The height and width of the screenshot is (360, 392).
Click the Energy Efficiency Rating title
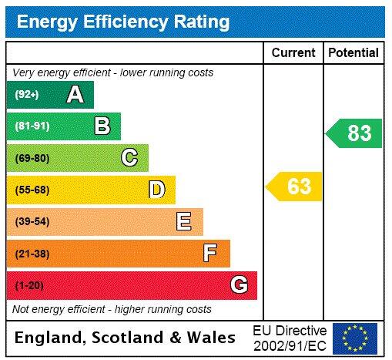click(x=122, y=22)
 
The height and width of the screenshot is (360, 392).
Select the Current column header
click(x=293, y=53)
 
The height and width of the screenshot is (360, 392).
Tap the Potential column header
click(x=353, y=53)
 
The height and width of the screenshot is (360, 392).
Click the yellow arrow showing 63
click(x=294, y=187)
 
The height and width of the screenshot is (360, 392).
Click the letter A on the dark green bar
click(x=75, y=95)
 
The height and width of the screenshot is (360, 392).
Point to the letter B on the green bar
click(x=102, y=126)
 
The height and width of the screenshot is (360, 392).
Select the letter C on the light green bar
click(x=129, y=158)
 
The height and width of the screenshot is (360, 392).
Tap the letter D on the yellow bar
click(x=156, y=190)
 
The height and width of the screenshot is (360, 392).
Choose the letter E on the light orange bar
click(x=183, y=222)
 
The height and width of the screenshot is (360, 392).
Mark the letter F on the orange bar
click(x=210, y=254)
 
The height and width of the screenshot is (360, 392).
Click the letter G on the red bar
click(x=239, y=285)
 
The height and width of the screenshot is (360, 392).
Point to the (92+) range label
click(x=27, y=95)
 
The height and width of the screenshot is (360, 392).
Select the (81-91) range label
click(x=32, y=126)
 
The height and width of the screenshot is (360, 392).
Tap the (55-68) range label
click(x=32, y=190)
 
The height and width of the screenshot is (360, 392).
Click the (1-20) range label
click(x=29, y=286)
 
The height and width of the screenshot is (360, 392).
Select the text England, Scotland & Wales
click(x=126, y=338)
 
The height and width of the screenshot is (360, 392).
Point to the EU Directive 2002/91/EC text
click(x=290, y=338)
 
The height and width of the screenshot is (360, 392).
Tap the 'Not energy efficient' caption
click(x=112, y=309)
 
